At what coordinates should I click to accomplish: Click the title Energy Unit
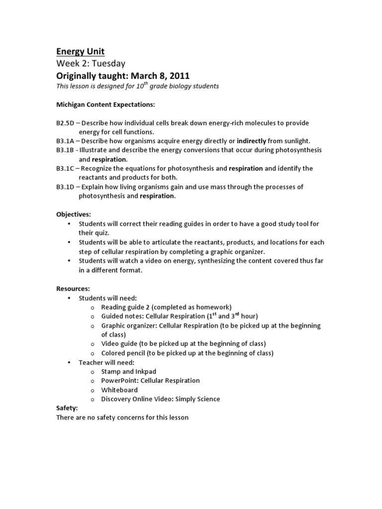[x=80, y=52]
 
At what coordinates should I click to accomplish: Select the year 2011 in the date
[x=179, y=76]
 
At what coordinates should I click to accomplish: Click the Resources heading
[x=73, y=288]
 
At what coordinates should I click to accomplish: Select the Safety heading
[x=67, y=408]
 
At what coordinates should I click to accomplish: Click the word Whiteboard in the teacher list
[x=119, y=390]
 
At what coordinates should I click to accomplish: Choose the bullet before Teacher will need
[x=69, y=362]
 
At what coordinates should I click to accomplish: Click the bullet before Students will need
[x=69, y=298]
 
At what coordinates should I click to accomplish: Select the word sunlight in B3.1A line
[x=294, y=141]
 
